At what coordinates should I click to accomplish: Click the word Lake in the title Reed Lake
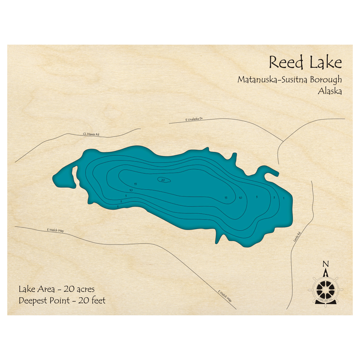pos(324,63)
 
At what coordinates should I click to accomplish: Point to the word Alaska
pos(330,91)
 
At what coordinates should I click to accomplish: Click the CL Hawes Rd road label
pos(91,134)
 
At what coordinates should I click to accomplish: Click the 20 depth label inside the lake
pos(163,180)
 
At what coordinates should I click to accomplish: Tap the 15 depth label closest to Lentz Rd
pos(226,198)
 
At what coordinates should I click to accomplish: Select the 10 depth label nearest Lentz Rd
pos(240,197)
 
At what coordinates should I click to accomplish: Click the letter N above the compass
pos(326,263)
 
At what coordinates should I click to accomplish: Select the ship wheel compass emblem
pos(325,288)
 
